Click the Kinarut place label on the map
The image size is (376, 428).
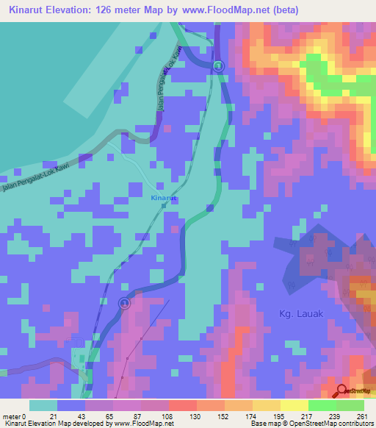164,199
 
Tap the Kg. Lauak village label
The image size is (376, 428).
302,313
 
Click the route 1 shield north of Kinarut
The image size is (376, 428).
218,67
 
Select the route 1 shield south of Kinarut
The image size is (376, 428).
124,303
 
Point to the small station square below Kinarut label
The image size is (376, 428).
164,207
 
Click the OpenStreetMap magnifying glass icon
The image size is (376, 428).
342,391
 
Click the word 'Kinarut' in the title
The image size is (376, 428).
30,10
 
